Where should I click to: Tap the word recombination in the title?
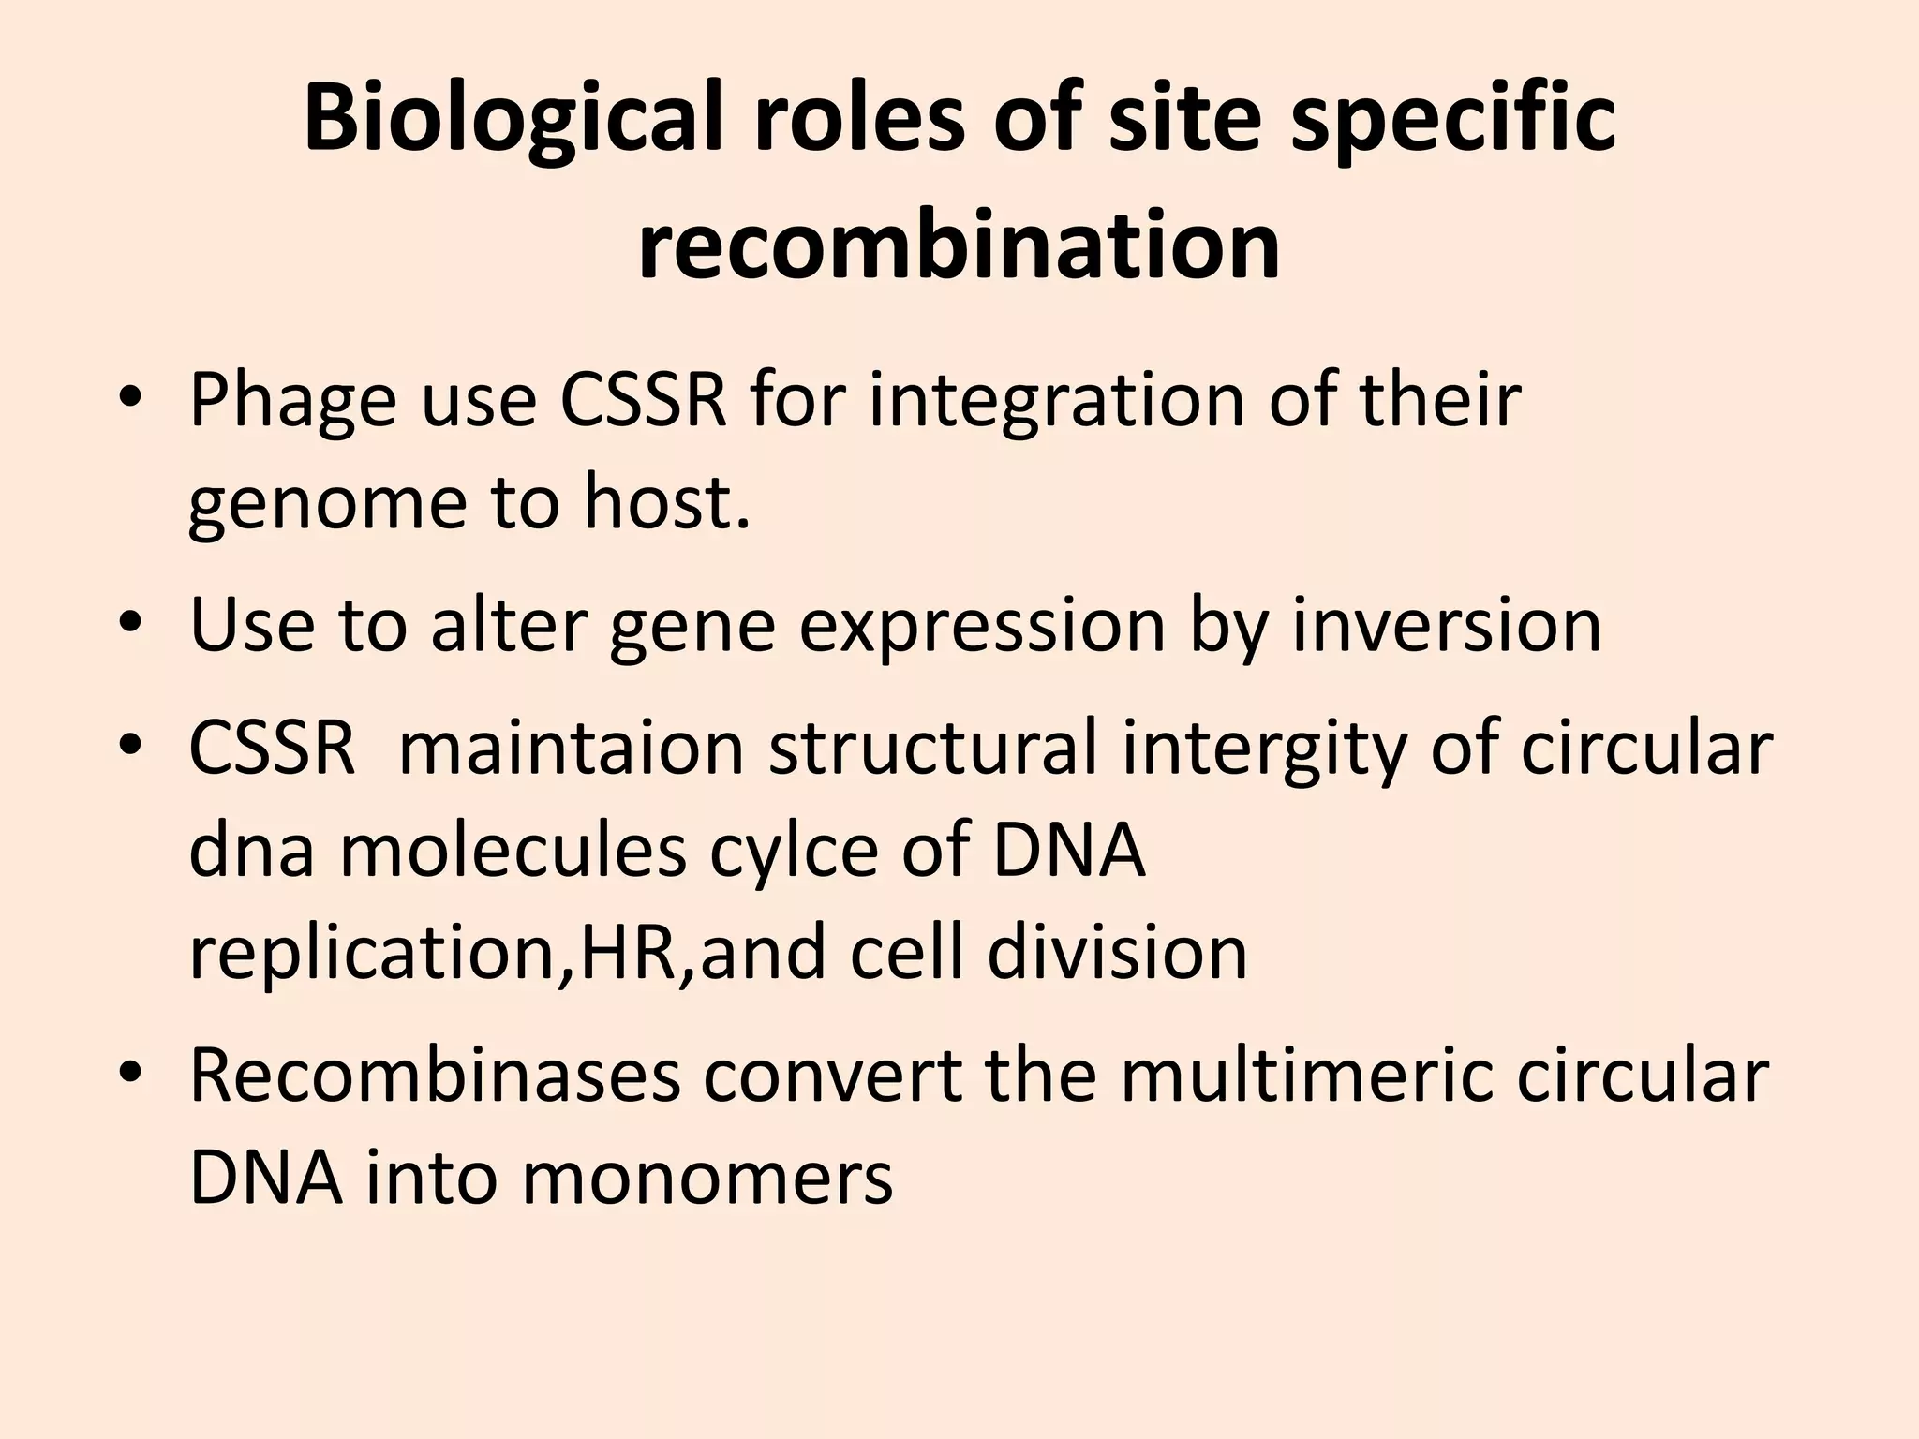click(x=959, y=245)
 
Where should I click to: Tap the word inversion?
click(x=1447, y=626)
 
